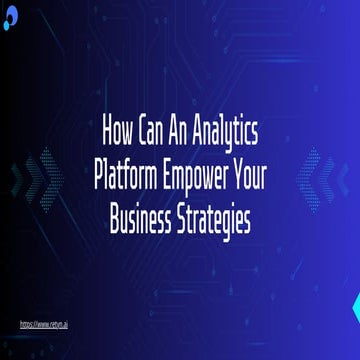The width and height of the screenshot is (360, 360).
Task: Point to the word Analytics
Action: [228, 134]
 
